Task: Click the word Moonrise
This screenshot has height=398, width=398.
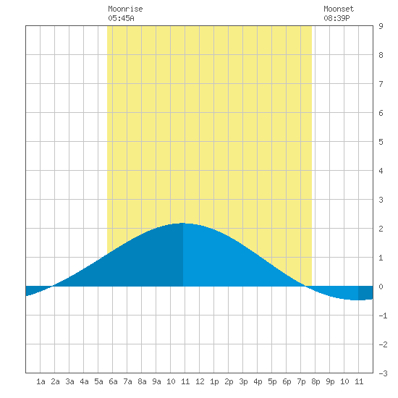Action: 125,9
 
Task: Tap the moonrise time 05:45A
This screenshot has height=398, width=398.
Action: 121,18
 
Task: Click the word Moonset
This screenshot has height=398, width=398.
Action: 339,9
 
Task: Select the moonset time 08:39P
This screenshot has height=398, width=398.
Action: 336,18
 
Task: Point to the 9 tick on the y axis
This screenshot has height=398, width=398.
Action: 381,26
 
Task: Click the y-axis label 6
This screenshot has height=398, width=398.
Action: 381,113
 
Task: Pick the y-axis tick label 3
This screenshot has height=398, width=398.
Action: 381,200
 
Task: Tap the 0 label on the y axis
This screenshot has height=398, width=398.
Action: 381,287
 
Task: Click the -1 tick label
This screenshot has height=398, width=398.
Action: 383,316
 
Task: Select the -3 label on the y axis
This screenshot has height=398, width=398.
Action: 383,373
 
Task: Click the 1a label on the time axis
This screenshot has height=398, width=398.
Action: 41,381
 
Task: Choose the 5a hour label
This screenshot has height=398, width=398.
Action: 98,381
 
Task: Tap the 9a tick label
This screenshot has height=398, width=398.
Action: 156,381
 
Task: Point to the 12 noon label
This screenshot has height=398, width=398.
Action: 200,381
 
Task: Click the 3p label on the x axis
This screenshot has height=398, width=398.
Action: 243,381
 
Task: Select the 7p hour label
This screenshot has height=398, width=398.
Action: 301,381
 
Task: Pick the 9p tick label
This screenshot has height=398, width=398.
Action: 330,381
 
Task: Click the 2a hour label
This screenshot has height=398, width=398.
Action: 55,381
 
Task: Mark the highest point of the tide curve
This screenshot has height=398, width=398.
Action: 183,223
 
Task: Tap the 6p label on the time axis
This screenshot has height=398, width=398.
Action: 287,381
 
